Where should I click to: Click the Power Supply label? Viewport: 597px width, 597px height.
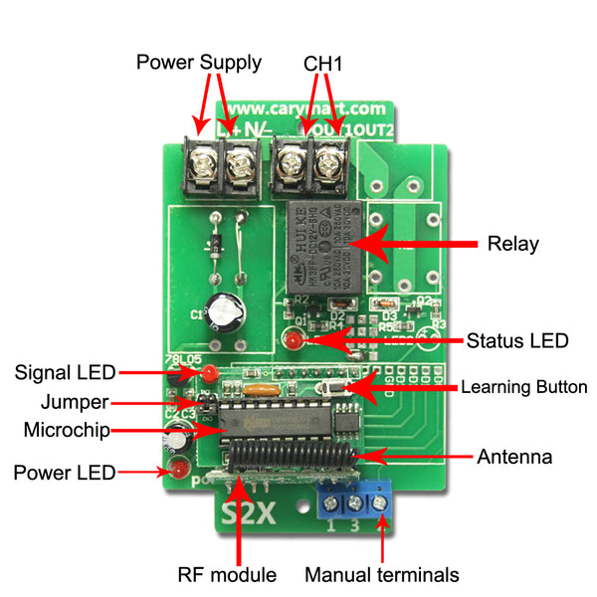(x=199, y=63)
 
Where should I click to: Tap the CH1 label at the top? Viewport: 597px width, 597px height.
(x=323, y=63)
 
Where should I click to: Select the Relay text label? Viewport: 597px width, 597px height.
(x=512, y=244)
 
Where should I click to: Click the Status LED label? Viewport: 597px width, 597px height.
(x=517, y=340)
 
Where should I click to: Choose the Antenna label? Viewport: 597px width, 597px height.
(x=514, y=457)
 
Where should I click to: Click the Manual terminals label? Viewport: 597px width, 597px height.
(x=382, y=574)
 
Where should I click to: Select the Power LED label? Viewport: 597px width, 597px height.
(x=65, y=472)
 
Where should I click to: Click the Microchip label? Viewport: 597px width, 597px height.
(x=66, y=430)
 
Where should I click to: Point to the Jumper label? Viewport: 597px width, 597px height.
(x=75, y=403)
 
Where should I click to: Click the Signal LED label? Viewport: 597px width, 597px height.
(x=66, y=373)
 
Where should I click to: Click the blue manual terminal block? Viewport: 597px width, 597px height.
(x=354, y=500)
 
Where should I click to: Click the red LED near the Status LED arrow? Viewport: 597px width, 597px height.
(x=293, y=342)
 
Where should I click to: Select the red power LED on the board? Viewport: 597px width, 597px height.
(x=180, y=471)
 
